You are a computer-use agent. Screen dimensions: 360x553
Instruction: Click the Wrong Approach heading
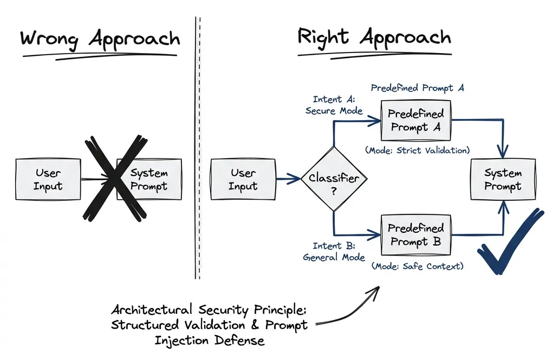(x=100, y=40)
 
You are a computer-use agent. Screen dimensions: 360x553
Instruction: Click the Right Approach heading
(x=374, y=38)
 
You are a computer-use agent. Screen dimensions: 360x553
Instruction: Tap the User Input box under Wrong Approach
(x=48, y=180)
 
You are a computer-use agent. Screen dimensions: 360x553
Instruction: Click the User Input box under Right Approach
(x=242, y=180)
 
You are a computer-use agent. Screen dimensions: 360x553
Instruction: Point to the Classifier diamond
(x=334, y=179)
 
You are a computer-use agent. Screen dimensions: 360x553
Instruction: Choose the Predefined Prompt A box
(x=416, y=121)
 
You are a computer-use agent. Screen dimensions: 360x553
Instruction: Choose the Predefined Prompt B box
(x=416, y=235)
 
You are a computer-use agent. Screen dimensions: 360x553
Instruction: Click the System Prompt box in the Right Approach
(x=503, y=180)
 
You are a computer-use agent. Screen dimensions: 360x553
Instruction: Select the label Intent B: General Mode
(x=334, y=252)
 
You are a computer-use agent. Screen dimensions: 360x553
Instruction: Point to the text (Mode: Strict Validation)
(x=417, y=150)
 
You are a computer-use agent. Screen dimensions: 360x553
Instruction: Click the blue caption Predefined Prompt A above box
(x=417, y=88)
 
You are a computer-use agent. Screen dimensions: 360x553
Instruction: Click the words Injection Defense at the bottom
(x=209, y=341)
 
